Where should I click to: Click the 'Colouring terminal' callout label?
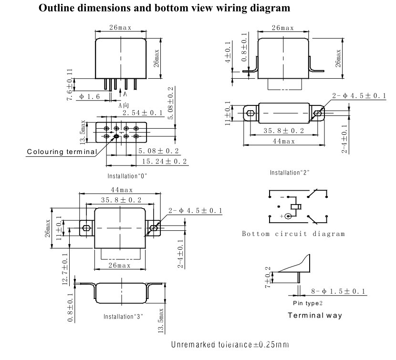62,152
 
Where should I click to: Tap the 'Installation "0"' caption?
127,176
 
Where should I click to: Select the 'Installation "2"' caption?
290,173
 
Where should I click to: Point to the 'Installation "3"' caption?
123,317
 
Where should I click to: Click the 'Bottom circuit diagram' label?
293,234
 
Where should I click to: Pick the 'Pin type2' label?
308,303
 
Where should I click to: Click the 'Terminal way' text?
315,315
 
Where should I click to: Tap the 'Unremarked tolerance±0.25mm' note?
230,345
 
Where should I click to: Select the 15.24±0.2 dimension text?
165,161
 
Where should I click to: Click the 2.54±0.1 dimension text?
143,113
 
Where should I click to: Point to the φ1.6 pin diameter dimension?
90,96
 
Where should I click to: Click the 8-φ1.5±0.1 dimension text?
338,291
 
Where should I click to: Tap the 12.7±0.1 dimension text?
65,269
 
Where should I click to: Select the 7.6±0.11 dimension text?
70,84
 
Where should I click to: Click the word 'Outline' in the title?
57,8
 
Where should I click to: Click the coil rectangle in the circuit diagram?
296,207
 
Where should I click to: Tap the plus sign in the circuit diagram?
282,216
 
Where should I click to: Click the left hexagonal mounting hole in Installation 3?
86,228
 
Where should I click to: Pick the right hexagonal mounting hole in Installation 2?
317,113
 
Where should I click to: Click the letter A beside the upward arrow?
125,94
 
